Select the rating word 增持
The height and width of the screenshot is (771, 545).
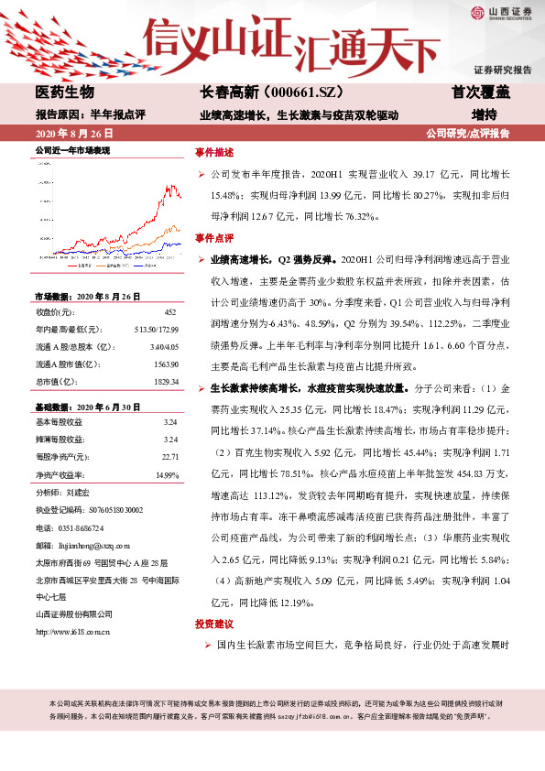tap(484, 115)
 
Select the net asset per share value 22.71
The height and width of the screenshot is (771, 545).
tap(169, 456)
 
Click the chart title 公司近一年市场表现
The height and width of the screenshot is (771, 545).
tap(72, 149)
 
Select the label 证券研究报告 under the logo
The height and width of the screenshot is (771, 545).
tap(503, 70)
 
